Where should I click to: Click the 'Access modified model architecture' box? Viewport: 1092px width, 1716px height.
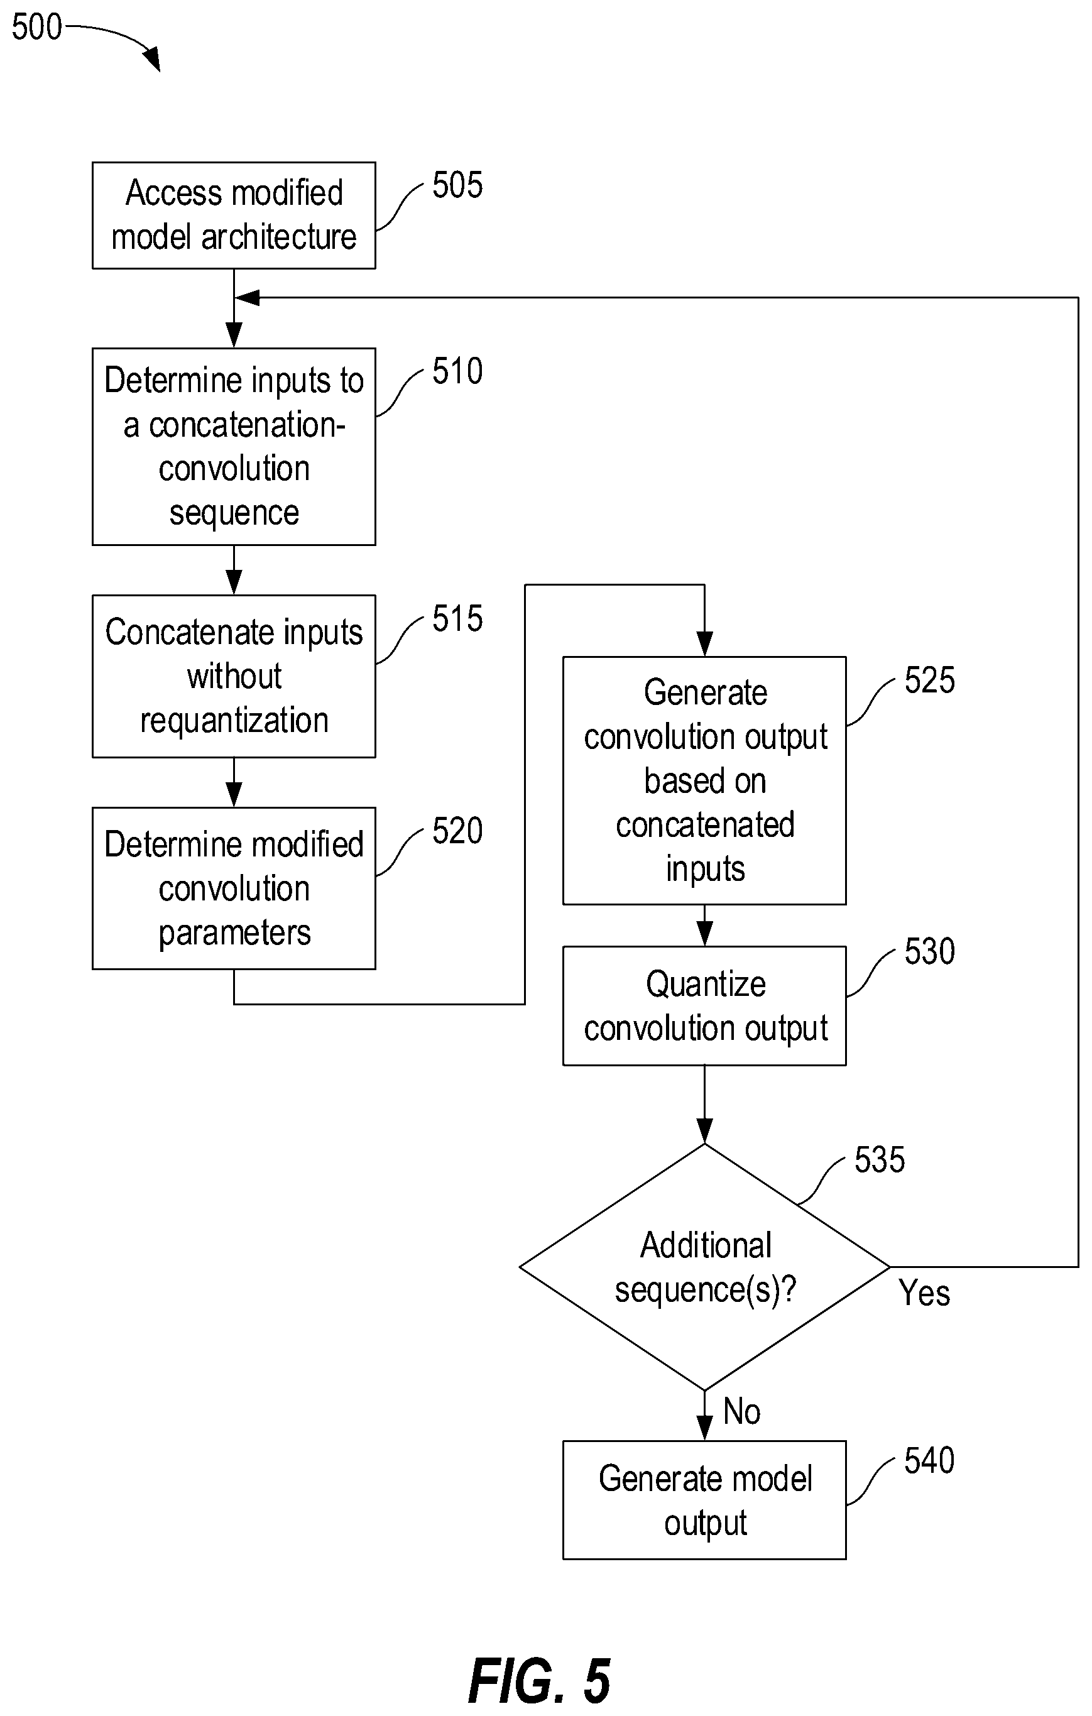(x=234, y=216)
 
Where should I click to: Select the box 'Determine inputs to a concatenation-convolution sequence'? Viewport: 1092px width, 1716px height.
(x=234, y=447)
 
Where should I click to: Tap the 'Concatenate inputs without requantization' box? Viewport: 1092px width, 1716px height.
(x=234, y=676)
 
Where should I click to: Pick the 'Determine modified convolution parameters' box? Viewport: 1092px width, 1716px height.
(x=234, y=888)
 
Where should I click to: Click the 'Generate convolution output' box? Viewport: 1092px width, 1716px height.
(x=704, y=780)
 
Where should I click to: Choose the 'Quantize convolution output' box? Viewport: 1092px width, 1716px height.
(x=704, y=1005)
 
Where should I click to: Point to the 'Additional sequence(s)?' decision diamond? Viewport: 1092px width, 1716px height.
(x=704, y=1267)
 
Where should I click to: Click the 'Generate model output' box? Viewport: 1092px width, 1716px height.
(x=704, y=1500)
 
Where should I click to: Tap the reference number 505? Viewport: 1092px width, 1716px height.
(x=457, y=185)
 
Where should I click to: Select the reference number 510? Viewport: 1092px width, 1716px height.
(x=457, y=371)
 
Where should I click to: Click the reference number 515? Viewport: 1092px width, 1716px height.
(x=457, y=618)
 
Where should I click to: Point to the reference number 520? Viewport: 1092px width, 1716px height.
(x=457, y=831)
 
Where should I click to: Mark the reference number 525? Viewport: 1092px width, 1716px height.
(x=929, y=680)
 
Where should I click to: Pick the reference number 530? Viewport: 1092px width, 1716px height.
(x=929, y=951)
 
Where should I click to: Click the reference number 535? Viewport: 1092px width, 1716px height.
(x=880, y=1159)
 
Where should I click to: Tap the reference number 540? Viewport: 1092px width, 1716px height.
(x=929, y=1460)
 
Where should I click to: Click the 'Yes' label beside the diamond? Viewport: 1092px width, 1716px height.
(x=924, y=1292)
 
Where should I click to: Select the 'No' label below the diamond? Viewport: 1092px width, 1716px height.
(x=741, y=1411)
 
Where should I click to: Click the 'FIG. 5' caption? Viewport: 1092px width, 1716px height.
(x=540, y=1680)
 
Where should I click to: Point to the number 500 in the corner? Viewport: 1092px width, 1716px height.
(x=37, y=27)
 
